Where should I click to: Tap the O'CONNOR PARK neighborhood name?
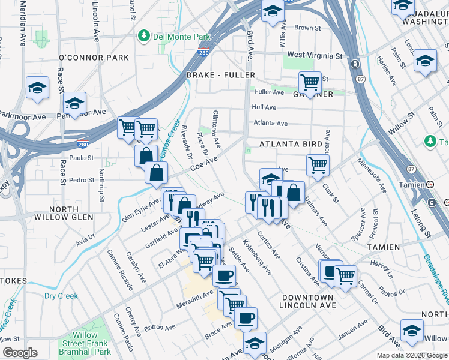(94, 58)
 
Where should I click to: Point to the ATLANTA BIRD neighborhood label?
(291, 145)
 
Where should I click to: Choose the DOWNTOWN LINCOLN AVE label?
(306, 301)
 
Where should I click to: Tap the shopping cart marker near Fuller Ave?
(310, 83)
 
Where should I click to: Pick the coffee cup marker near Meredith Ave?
(224, 275)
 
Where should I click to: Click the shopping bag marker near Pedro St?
(156, 174)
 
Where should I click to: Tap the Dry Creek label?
(61, 296)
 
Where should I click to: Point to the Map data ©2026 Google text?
(412, 355)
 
